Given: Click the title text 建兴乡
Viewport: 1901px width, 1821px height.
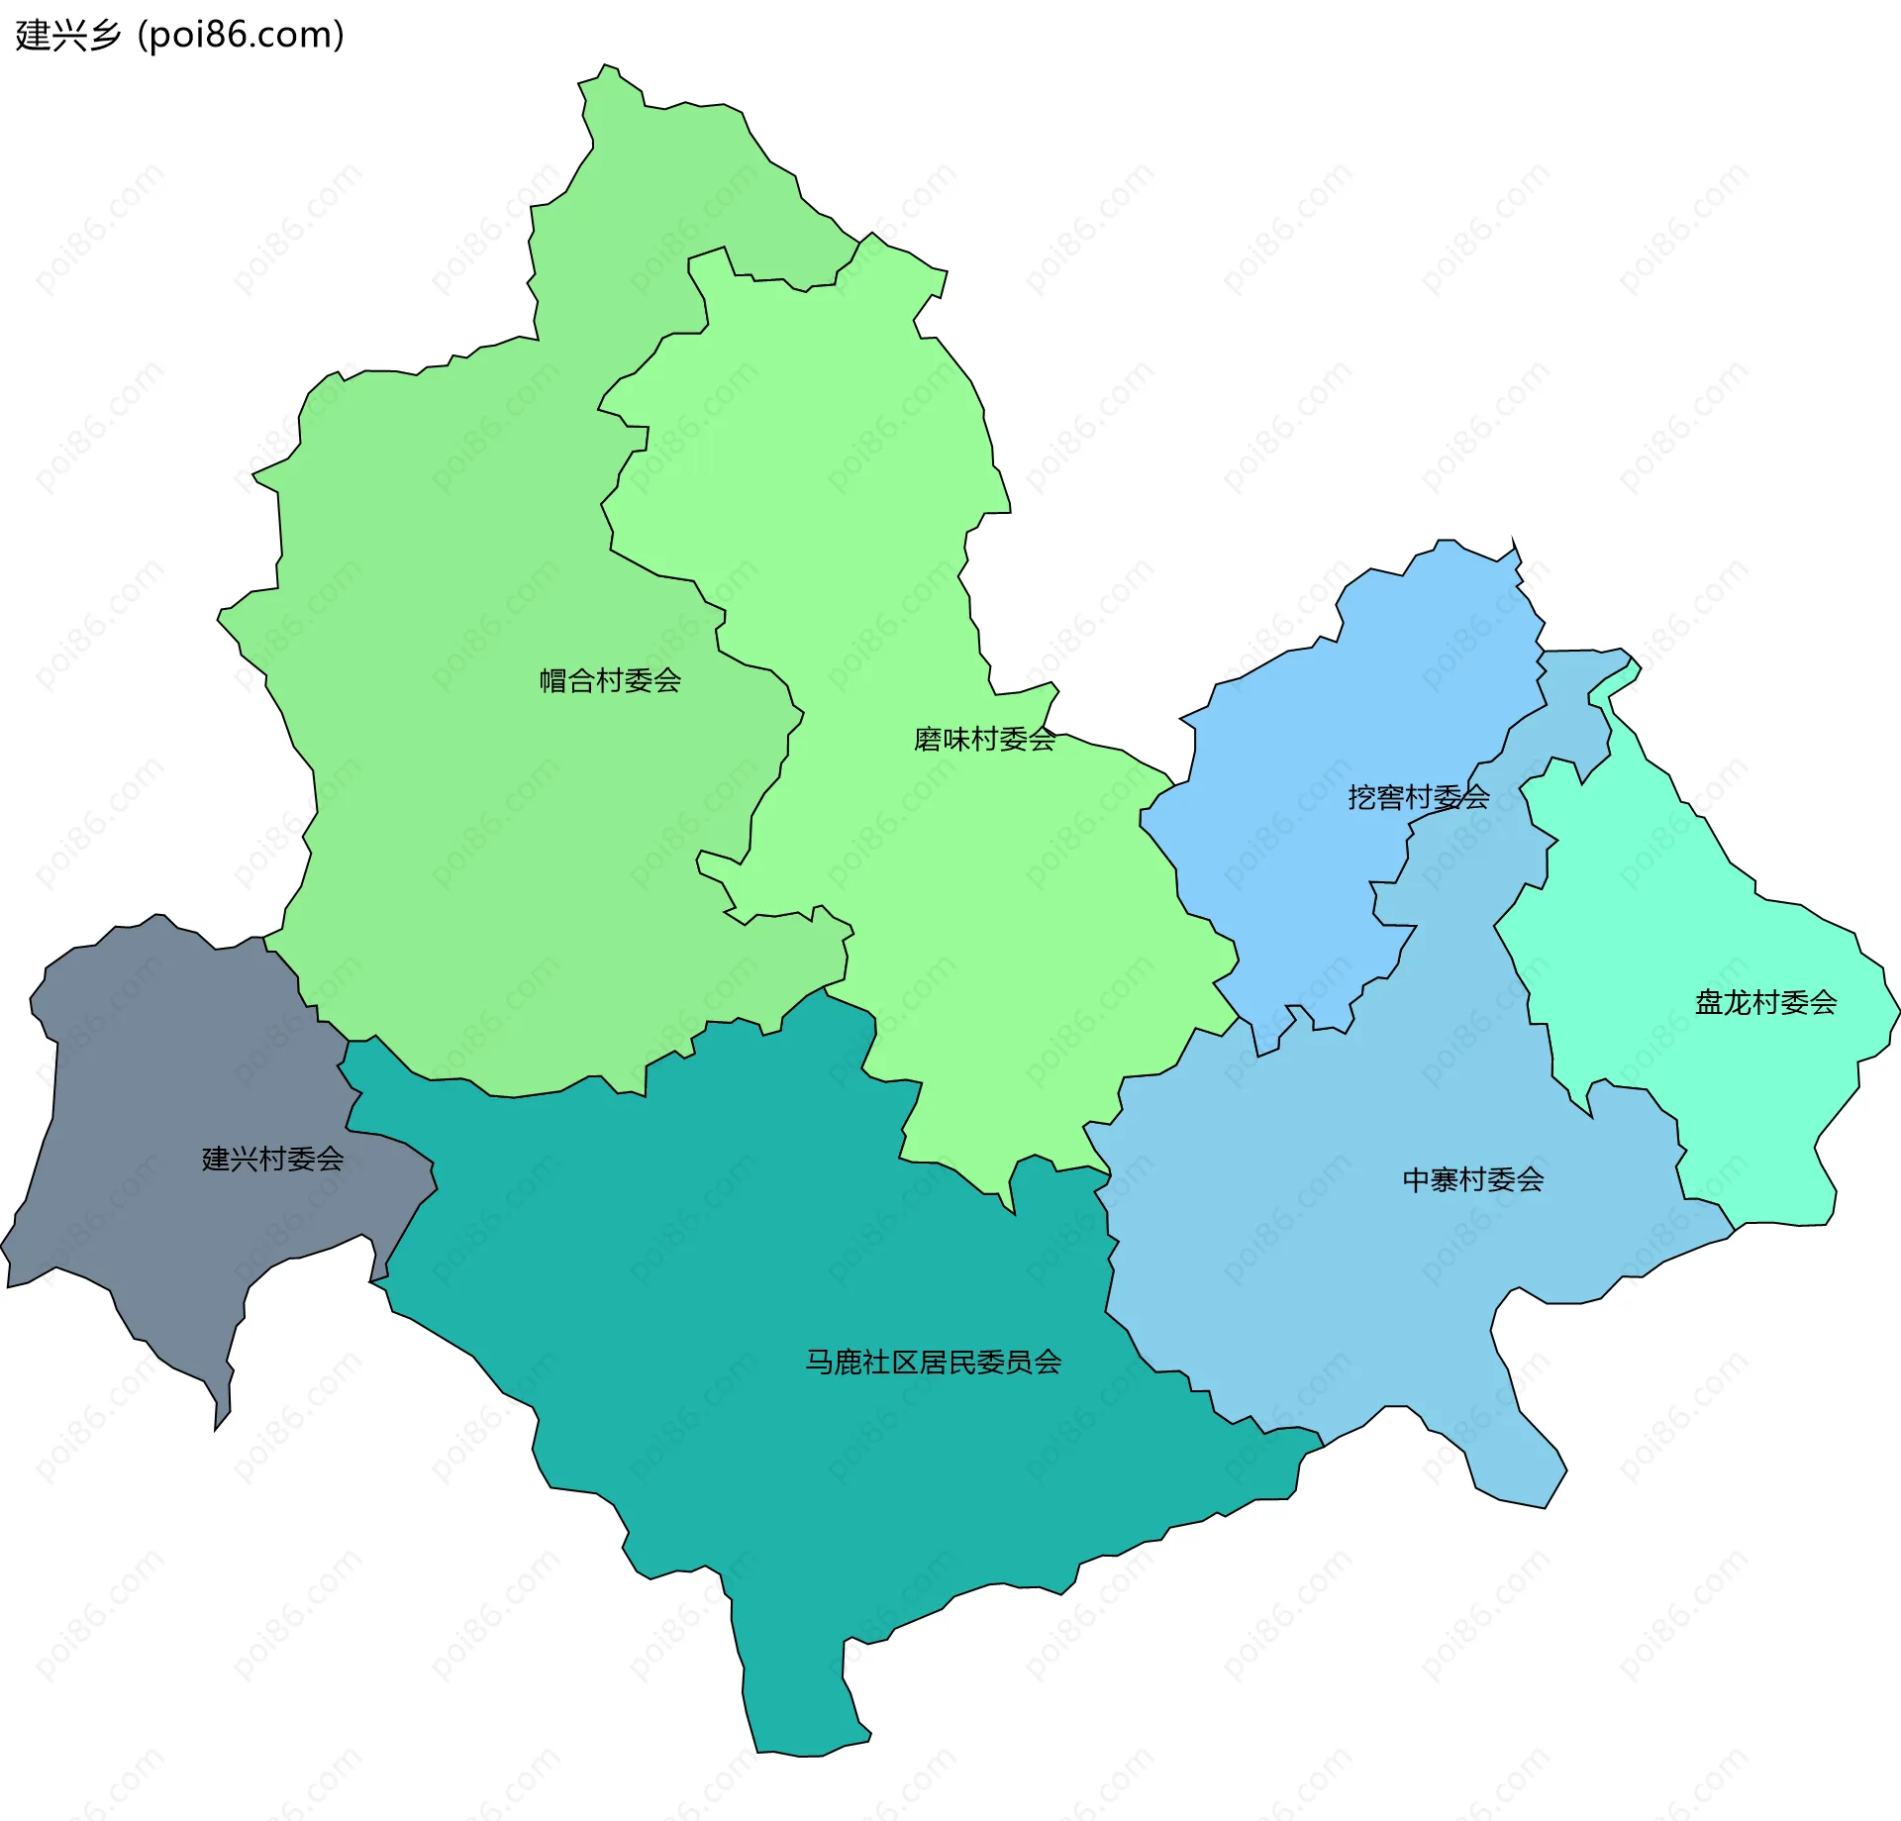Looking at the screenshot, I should (x=67, y=36).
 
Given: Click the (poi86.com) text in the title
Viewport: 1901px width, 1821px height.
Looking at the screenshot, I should (x=241, y=36).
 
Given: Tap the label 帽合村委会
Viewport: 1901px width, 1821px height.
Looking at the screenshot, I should (x=610, y=680).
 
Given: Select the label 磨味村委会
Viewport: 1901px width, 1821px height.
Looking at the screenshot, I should (x=984, y=740).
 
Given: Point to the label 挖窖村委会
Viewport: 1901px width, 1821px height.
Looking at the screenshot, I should (x=1418, y=797).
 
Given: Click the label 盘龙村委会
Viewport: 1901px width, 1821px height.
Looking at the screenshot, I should (x=1765, y=1003).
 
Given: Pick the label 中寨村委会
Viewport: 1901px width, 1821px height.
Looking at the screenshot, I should (x=1473, y=1179).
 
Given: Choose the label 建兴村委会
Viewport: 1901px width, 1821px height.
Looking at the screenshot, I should (x=272, y=1159).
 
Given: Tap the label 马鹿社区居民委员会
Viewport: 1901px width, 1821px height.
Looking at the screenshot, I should (x=933, y=1363).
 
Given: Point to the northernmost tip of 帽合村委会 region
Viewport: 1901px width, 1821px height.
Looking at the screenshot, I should (x=605, y=65).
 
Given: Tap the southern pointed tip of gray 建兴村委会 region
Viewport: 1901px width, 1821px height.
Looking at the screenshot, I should (x=217, y=1427).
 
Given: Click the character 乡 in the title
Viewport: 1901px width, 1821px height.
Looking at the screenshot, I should (x=105, y=36).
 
